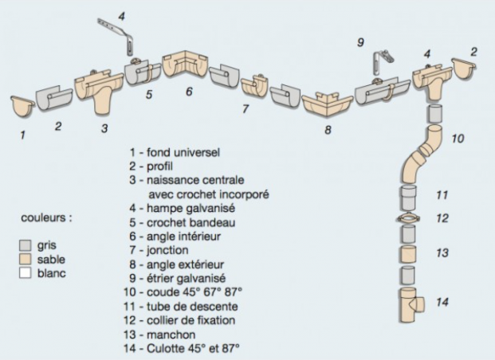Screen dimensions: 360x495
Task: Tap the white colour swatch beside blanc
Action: coord(24,272)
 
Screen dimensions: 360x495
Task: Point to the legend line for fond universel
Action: coord(175,151)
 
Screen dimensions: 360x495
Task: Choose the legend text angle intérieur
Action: coord(178,237)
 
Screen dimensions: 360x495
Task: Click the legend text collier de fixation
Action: coord(187,321)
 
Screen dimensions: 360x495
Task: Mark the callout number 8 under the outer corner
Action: coord(328,129)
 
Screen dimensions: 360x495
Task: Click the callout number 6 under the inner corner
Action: coord(189,92)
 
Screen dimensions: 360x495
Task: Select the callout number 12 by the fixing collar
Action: coord(442,217)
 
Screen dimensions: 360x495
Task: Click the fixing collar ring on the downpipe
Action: coord(407,219)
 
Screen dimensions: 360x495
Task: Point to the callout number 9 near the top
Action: coord(359,42)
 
